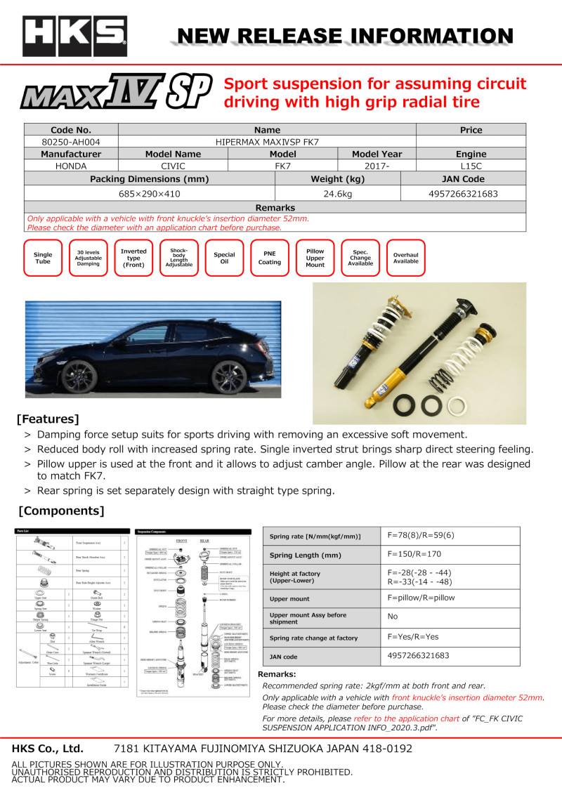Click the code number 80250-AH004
tap(71, 142)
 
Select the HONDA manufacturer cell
tap(71, 166)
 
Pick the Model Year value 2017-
tap(377, 166)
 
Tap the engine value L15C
tap(471, 166)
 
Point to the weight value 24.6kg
tap(337, 192)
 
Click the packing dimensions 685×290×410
tap(150, 192)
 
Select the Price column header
tap(471, 130)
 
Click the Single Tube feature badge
tap(43, 258)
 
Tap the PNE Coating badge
tap(269, 258)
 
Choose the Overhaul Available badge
tap(405, 258)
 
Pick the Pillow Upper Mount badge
tap(315, 258)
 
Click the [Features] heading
tap(48, 420)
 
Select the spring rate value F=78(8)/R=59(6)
tap(421, 535)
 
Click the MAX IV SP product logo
tap(116, 95)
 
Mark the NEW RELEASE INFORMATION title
tap(344, 37)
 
